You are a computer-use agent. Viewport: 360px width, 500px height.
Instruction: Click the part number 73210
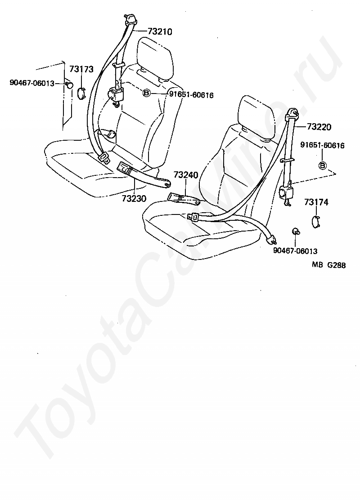pos(160,32)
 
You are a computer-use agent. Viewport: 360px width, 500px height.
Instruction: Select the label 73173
pos(81,69)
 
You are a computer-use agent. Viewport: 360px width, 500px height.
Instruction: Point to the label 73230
pos(134,198)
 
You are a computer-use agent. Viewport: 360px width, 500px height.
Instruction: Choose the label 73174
pos(316,202)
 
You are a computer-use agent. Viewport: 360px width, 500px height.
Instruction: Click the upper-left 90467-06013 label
pos(32,83)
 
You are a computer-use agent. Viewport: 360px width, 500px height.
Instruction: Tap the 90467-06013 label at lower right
pos(295,251)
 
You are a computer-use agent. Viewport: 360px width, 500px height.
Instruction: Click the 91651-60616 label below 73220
pos(322,146)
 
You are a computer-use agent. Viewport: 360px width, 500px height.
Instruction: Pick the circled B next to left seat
pos(146,94)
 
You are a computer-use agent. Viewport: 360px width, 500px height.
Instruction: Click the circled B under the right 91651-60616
pos(322,165)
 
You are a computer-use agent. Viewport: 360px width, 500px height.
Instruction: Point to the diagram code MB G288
pos(329,265)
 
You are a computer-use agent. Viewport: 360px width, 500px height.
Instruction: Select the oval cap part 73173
pos(81,92)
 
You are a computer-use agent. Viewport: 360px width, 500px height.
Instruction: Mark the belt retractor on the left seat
pos(117,95)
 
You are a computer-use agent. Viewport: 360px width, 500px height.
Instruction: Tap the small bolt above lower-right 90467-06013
pos(296,232)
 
